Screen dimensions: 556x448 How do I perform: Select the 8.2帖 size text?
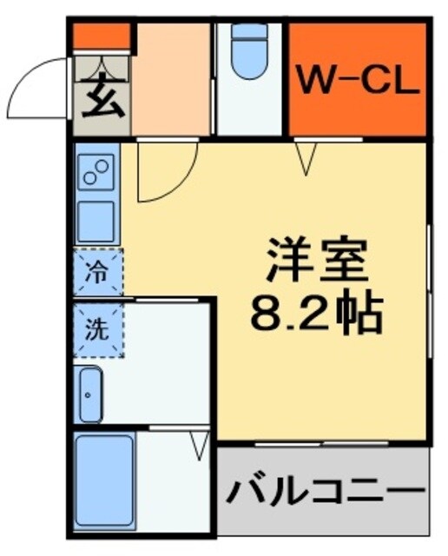[x=317, y=313]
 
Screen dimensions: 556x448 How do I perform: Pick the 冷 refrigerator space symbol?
[x=98, y=271]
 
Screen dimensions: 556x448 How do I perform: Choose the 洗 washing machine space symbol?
[x=98, y=329]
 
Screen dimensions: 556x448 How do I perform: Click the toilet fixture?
[x=249, y=52]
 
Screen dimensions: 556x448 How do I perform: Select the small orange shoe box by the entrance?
[x=101, y=36]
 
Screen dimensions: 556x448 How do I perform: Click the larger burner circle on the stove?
[x=102, y=167]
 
